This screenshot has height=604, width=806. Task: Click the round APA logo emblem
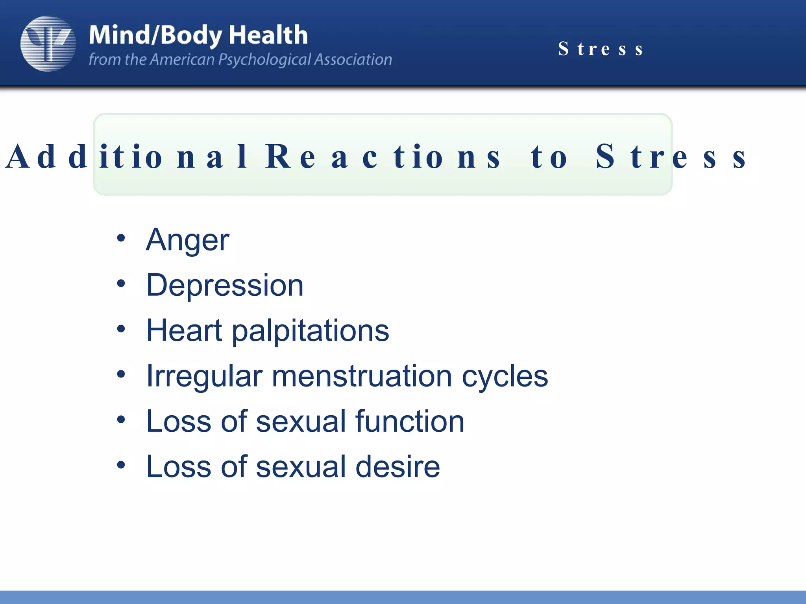pyautogui.click(x=48, y=43)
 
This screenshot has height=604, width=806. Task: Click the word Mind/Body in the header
pyautogui.click(x=155, y=35)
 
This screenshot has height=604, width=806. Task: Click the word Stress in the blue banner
pyautogui.click(x=601, y=49)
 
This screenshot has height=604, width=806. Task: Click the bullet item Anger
pyautogui.click(x=188, y=240)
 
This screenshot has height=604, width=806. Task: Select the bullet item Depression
pyautogui.click(x=225, y=285)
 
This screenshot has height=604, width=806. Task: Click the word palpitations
pyautogui.click(x=310, y=331)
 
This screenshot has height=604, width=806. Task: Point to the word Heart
pyautogui.click(x=184, y=330)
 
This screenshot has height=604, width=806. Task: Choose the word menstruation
pyautogui.click(x=362, y=376)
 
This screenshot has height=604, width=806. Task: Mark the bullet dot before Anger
pyautogui.click(x=121, y=238)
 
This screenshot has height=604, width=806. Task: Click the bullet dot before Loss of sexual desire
pyautogui.click(x=121, y=465)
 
